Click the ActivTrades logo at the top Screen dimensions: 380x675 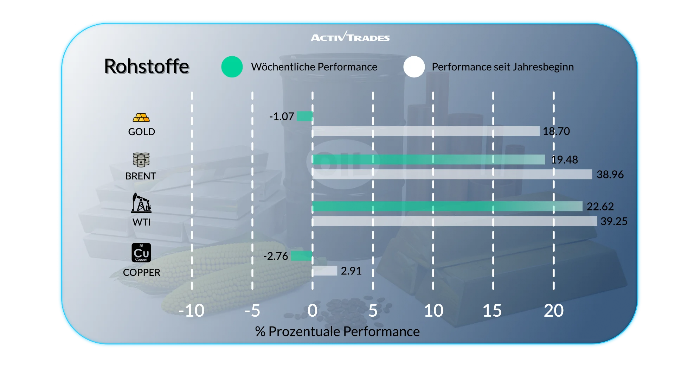[350, 37]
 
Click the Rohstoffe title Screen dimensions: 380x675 [147, 66]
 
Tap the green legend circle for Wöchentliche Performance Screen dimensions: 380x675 [232, 67]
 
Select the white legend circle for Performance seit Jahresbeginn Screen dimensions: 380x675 [414, 67]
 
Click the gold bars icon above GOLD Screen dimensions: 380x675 [141, 118]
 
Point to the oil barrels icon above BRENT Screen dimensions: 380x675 [141, 160]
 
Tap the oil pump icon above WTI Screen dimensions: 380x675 [141, 203]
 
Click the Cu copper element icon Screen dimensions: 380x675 [141, 253]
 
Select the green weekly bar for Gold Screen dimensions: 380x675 [305, 116]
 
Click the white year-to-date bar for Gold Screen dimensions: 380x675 [426, 131]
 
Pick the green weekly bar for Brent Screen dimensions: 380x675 [429, 160]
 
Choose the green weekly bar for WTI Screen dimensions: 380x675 [447, 207]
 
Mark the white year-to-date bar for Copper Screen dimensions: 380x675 [325, 271]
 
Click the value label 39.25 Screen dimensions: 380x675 [614, 221]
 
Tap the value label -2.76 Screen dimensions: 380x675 [276, 256]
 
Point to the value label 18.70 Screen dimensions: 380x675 [556, 131]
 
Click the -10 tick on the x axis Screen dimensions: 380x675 [191, 311]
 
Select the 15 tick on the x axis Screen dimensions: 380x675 [492, 311]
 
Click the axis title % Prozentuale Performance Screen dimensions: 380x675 [337, 331]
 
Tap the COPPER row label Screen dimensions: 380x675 [141, 272]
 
